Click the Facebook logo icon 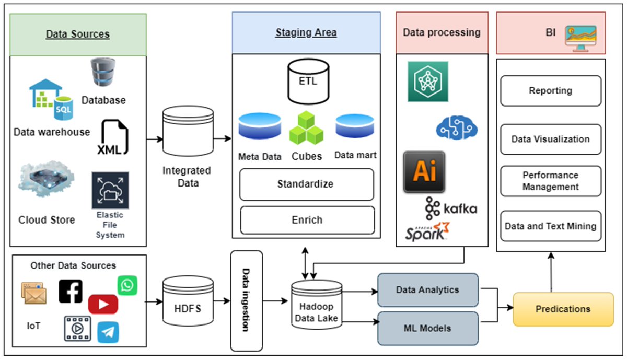click(x=71, y=291)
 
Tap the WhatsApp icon click(x=127, y=285)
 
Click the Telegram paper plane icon click(x=108, y=332)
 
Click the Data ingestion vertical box click(x=246, y=300)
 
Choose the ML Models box click(x=427, y=328)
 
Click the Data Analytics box click(x=427, y=289)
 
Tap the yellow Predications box click(x=563, y=309)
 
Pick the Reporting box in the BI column click(x=551, y=91)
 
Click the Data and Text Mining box click(x=551, y=226)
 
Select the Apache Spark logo click(x=427, y=231)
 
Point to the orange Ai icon click(x=424, y=172)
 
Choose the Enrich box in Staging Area click(x=307, y=219)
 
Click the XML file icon click(x=113, y=137)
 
